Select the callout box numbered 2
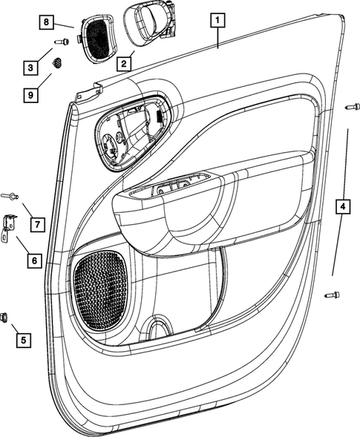point(124,64)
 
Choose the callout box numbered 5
point(24,340)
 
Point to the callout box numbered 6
point(33,261)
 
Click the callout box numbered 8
point(46,23)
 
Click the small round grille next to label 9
point(55,66)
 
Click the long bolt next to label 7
point(11,196)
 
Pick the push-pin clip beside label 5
point(5,318)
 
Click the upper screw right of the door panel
point(352,108)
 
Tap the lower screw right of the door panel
point(332,295)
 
